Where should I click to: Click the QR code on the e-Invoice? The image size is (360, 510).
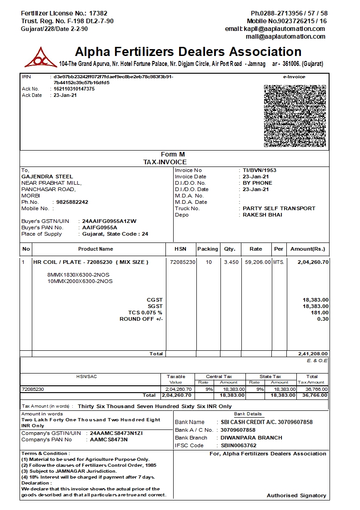[295, 116]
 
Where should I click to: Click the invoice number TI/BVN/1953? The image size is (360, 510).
[260, 170]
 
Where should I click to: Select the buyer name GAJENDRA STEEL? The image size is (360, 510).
[47, 177]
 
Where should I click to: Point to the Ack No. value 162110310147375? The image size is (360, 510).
[74, 89]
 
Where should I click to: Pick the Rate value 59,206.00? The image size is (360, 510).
[257, 262]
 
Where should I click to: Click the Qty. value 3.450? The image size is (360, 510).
[231, 262]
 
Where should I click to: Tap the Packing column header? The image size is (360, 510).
[208, 249]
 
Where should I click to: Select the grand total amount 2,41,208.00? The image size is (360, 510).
[313, 353]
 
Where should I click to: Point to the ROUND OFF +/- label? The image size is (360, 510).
[141, 319]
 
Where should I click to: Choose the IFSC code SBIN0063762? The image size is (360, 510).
[239, 445]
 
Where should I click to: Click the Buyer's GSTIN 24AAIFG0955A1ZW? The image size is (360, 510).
[109, 221]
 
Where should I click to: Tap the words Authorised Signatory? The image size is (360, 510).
[296, 495]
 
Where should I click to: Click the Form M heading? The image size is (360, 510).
[173, 155]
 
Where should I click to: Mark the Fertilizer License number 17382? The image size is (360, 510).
[98, 13]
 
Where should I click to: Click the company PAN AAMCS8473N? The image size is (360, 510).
[109, 439]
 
